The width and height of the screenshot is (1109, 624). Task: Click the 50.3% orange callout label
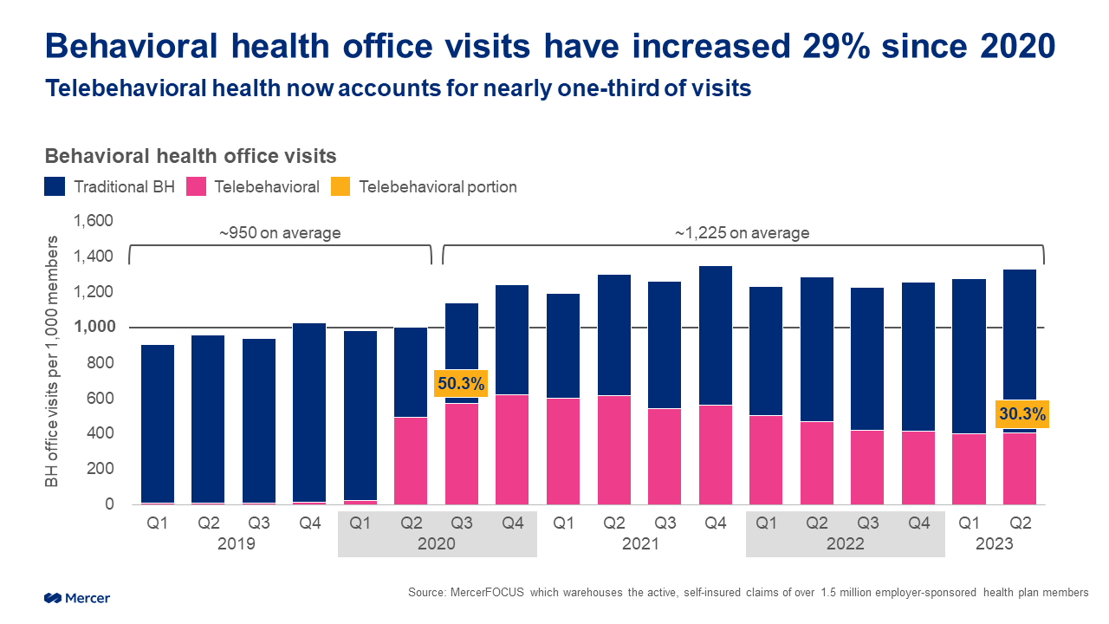tap(461, 382)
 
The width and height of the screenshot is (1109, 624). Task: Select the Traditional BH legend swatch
tap(55, 186)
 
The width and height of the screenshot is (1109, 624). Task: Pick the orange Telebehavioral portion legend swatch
tap(341, 186)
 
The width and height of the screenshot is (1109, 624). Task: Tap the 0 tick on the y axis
tap(108, 504)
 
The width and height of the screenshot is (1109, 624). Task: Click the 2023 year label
tap(995, 544)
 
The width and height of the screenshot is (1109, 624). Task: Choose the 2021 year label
tap(640, 544)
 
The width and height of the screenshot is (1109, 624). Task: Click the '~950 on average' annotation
tap(279, 232)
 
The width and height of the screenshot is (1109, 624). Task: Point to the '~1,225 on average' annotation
tap(742, 232)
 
